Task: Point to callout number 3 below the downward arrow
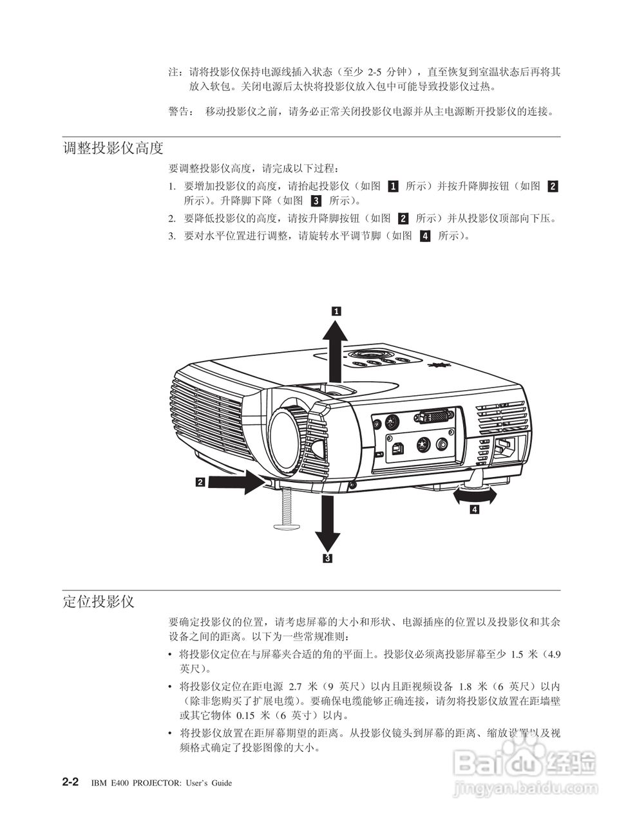328,558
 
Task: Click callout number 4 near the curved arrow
474,510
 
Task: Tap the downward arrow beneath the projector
328,521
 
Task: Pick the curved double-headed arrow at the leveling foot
475,494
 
